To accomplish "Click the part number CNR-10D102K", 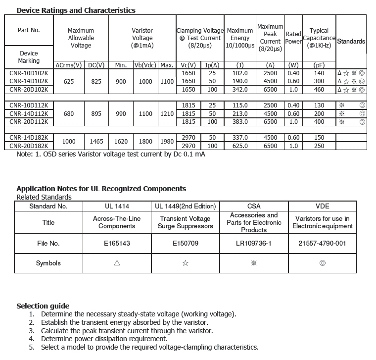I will [29, 73].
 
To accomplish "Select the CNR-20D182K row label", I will [29, 146].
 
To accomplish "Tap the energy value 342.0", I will [240, 90].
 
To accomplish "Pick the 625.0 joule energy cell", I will [240, 146].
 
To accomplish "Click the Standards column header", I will [351, 42].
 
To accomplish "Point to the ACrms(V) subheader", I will [69, 65].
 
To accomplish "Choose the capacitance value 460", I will [319, 90].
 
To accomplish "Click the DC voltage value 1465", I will [96, 142].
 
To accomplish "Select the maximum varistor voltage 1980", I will [167, 142].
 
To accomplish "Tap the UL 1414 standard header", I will [117, 206].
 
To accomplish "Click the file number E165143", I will [117, 244].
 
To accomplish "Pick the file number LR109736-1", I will [254, 244].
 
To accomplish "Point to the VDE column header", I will [323, 206].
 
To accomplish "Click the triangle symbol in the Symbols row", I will [117, 263].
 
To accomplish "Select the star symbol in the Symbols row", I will [185, 263].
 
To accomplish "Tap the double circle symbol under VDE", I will [323, 263].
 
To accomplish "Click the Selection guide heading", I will [43, 306].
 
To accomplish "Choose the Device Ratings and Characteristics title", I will [76, 10].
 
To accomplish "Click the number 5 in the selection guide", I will [32, 348].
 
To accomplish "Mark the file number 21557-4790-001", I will [323, 244].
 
